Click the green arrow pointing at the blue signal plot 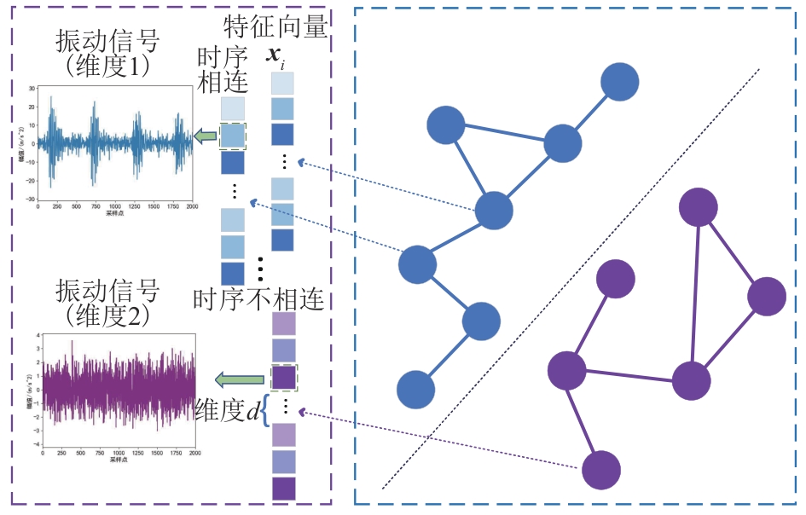pos(204,136)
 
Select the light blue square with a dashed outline pos(232,136)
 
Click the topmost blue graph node pos(620,82)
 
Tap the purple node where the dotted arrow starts pos(601,469)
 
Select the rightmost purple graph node pos(766,296)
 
